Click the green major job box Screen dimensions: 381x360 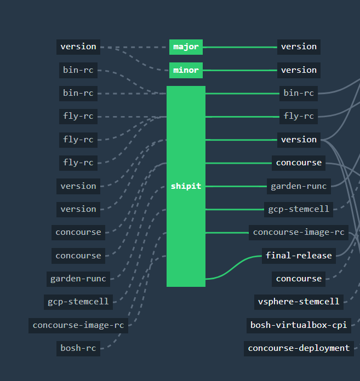click(186, 47)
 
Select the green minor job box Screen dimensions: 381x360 click(186, 70)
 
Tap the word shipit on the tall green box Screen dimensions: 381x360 click(186, 186)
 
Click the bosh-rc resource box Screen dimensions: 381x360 click(78, 348)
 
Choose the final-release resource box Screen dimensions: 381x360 click(299, 256)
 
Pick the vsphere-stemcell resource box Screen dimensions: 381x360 click(299, 302)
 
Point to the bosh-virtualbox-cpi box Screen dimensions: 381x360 click(299, 325)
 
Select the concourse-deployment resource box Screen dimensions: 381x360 click(299, 348)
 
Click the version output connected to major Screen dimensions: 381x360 click(299, 47)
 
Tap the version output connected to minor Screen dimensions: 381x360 click(299, 70)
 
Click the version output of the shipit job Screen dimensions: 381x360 click(299, 140)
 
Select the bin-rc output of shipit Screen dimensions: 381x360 click(299, 93)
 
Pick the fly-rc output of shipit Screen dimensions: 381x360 click(299, 116)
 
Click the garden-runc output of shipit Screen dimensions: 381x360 click(299, 186)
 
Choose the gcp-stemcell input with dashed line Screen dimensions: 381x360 click(78, 302)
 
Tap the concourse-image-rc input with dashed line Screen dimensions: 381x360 click(78, 325)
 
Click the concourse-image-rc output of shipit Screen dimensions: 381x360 click(299, 232)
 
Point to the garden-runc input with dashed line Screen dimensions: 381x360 click(78, 279)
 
